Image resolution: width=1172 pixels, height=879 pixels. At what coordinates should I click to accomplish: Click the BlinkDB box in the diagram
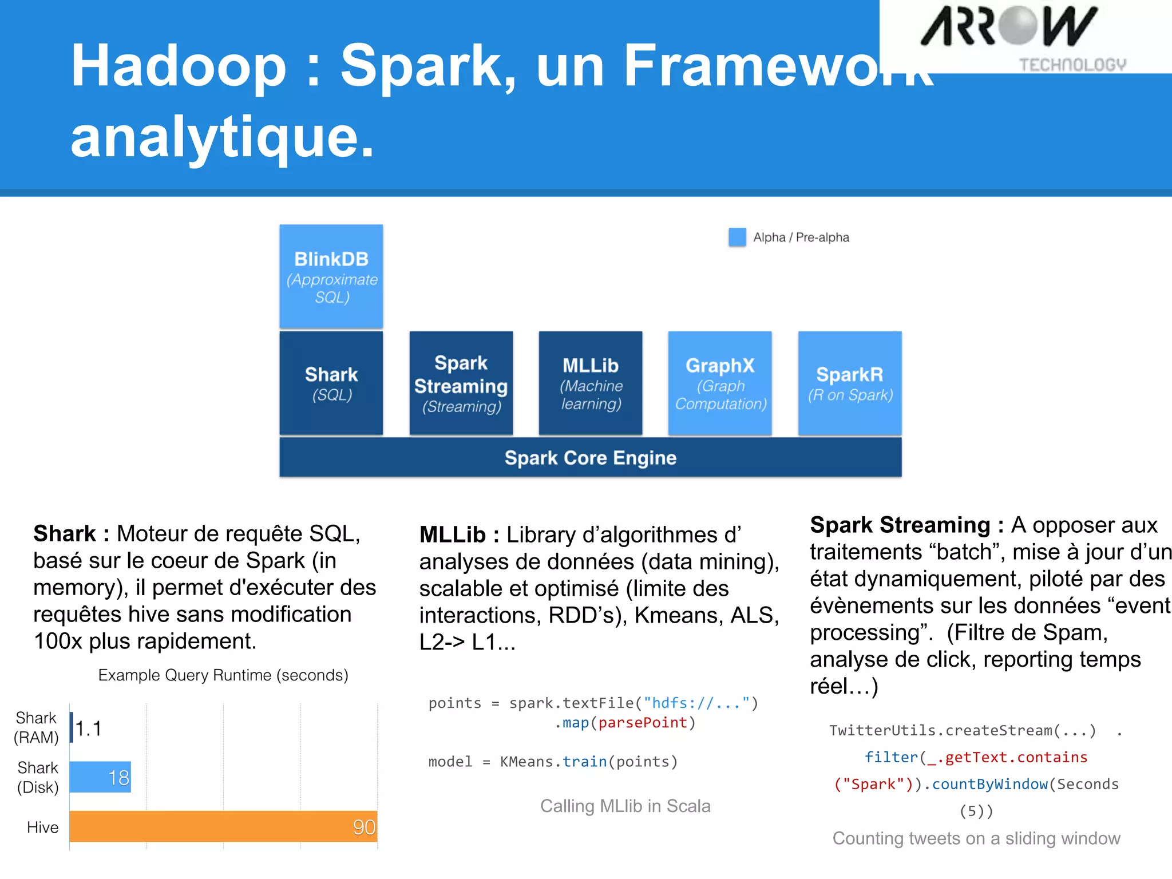point(331,276)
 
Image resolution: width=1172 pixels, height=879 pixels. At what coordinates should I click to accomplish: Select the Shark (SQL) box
point(331,383)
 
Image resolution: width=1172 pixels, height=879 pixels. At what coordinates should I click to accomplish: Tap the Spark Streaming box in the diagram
point(461,383)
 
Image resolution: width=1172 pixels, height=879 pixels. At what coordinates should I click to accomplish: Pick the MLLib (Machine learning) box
point(590,383)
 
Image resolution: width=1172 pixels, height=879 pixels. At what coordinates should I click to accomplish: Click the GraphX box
point(720,383)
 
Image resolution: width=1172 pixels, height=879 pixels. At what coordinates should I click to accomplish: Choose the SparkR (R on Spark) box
point(850,383)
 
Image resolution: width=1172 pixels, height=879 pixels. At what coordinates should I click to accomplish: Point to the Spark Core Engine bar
point(590,458)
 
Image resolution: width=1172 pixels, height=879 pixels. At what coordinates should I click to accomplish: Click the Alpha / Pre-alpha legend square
point(737,237)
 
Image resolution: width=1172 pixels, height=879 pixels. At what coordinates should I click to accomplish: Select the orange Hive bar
point(223,826)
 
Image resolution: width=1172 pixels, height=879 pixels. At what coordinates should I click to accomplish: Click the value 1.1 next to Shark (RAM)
point(89,728)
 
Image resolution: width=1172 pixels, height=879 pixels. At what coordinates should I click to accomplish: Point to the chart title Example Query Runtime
point(223,675)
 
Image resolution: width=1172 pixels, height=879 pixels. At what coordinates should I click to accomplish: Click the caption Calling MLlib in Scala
point(625,806)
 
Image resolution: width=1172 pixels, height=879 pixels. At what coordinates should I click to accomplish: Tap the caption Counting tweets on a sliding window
point(976,838)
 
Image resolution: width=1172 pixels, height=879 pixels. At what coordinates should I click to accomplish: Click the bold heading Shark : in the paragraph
point(71,533)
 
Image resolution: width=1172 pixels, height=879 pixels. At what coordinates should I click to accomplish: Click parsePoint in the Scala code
point(643,723)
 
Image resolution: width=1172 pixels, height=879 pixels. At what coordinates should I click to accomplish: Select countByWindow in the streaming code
point(990,784)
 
